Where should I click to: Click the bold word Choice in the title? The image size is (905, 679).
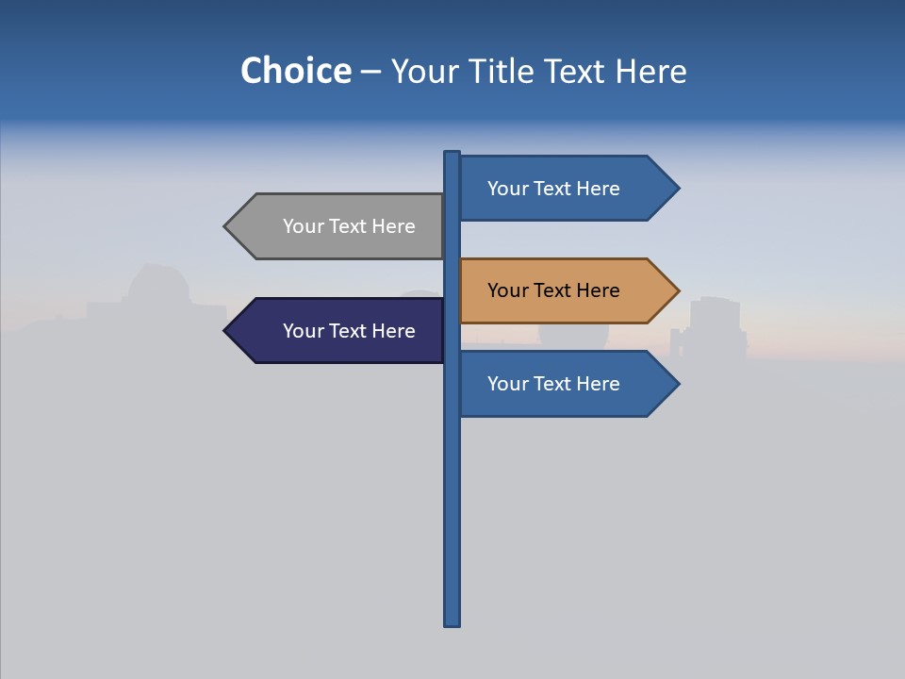[x=295, y=72]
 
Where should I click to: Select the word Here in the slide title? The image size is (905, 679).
[x=650, y=72]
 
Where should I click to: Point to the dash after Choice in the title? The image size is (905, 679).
[x=370, y=73]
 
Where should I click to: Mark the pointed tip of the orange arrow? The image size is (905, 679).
[x=676, y=290]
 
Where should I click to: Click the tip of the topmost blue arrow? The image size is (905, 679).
[x=676, y=189]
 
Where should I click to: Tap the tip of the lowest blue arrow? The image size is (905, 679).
[x=676, y=384]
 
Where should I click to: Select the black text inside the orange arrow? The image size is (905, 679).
[x=553, y=290]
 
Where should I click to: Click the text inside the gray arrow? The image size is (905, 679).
[x=349, y=226]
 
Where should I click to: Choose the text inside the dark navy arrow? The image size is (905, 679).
[x=349, y=331]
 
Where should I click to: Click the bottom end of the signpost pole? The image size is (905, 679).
[x=452, y=621]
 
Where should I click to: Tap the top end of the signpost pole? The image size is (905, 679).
[x=452, y=155]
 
